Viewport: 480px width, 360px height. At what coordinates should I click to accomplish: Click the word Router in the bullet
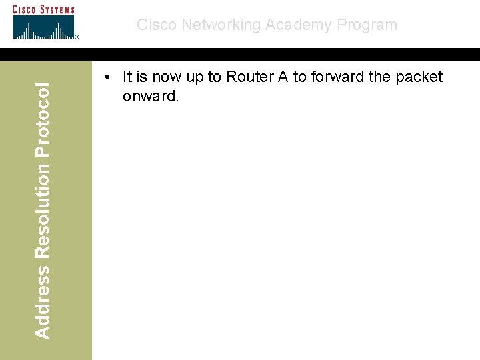tap(248, 77)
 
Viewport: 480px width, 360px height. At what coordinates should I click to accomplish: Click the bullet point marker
tap(107, 78)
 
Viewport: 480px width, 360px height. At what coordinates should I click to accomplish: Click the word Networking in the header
tap(221, 25)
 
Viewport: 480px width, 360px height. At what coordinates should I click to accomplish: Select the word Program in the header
tap(367, 25)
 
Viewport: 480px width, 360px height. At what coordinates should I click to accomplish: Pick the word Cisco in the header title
tap(157, 25)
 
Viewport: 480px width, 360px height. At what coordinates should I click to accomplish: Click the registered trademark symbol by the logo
tap(77, 37)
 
